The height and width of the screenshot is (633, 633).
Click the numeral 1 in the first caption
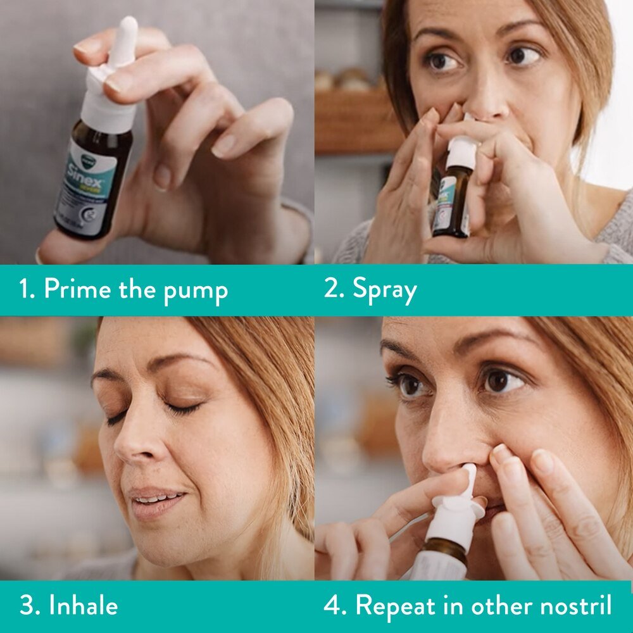tap(25, 290)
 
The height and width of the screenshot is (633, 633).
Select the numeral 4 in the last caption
tap(333, 606)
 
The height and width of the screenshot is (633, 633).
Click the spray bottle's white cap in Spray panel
tap(461, 153)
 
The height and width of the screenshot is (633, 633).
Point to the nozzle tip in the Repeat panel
tap(470, 472)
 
